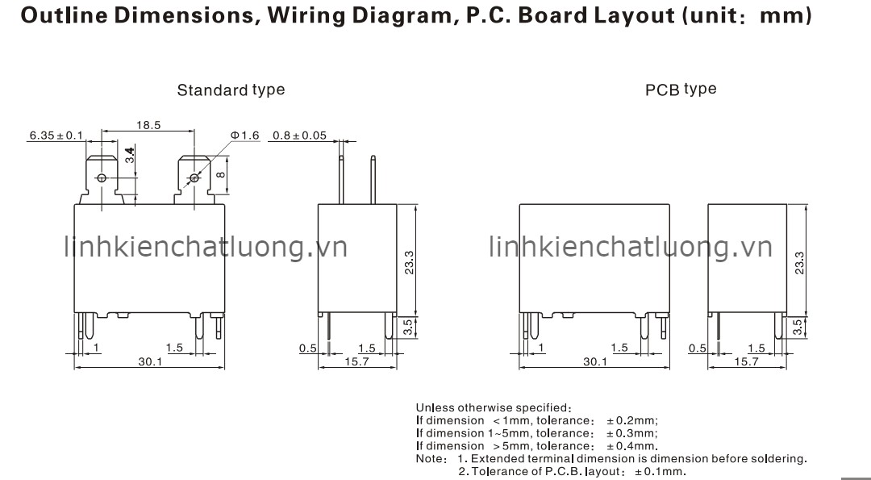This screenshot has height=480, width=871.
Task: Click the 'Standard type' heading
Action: tap(231, 90)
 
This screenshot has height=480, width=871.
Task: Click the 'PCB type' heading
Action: tap(681, 90)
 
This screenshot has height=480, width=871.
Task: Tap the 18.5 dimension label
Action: tap(148, 125)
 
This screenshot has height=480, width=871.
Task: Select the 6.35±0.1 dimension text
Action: tap(56, 136)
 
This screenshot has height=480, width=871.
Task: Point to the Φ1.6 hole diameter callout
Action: tap(244, 135)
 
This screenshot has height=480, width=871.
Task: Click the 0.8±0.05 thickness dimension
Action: tap(299, 135)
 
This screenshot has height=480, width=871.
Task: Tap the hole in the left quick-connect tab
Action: tap(102, 177)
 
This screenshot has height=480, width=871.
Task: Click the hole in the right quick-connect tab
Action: tap(193, 177)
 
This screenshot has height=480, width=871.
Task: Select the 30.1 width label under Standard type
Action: tap(149, 362)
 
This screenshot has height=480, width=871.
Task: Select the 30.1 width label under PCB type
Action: tap(594, 362)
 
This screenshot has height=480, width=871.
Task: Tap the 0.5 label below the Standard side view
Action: tap(307, 349)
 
